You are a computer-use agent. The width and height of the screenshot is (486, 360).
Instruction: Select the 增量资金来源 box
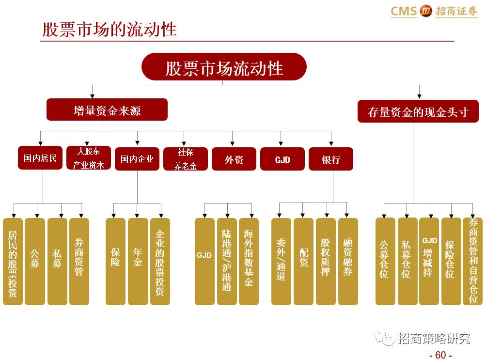(107, 110)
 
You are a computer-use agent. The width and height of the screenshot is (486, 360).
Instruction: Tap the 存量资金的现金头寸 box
(418, 111)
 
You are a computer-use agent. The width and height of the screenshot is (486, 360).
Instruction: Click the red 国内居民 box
(40, 158)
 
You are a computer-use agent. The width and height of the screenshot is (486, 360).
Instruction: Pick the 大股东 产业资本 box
(89, 158)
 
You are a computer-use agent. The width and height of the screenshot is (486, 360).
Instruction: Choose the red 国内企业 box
(137, 158)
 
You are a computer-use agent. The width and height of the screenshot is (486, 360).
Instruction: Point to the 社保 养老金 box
(186, 158)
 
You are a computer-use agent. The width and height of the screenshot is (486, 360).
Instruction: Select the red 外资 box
(234, 159)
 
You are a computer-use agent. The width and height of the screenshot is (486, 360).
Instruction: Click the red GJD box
(282, 159)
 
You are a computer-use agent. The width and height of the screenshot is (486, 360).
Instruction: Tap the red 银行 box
(331, 159)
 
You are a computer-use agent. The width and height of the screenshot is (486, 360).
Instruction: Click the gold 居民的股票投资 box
(13, 262)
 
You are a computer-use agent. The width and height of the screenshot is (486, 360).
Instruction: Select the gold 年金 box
(138, 262)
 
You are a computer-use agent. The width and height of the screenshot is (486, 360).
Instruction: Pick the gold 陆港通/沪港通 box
(227, 262)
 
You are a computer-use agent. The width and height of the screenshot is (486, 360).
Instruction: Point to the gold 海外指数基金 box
(249, 262)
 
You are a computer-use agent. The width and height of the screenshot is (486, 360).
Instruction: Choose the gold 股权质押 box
(325, 262)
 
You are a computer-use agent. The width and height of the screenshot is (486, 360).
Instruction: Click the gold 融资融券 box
(348, 262)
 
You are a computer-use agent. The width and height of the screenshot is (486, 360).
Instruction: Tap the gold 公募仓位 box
(385, 262)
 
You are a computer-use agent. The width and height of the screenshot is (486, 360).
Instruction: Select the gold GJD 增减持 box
(429, 262)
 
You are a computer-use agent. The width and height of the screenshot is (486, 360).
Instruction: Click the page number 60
(440, 355)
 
